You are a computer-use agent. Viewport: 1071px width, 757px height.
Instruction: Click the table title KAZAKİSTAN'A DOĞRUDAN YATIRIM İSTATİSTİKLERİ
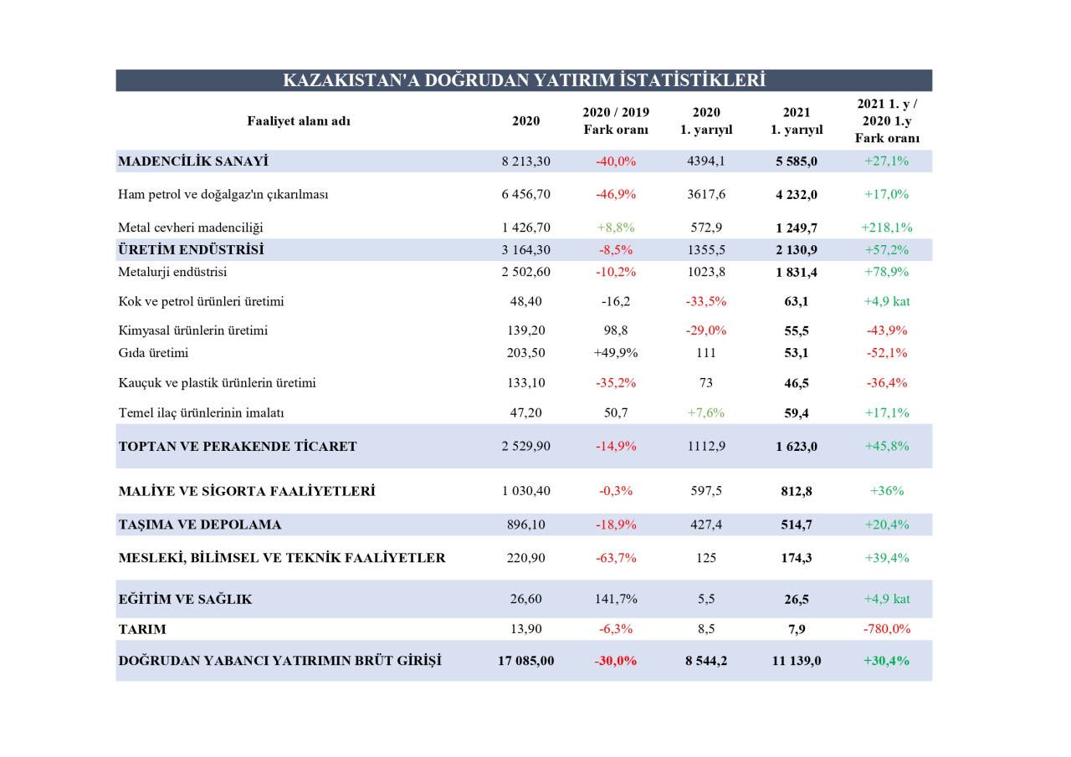click(524, 80)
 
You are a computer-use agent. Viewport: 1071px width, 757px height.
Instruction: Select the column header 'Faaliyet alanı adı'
click(299, 120)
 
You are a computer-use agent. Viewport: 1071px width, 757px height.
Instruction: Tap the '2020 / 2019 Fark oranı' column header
click(616, 120)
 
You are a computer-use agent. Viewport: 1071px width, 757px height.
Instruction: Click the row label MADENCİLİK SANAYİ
click(193, 161)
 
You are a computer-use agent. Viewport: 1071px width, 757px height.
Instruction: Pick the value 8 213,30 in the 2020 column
click(525, 161)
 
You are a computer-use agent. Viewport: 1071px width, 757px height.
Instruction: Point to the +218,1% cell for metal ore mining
click(886, 227)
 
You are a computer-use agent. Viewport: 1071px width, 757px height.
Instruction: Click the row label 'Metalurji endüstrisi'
click(172, 272)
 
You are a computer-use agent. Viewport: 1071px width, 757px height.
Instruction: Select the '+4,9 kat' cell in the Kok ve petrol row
click(887, 301)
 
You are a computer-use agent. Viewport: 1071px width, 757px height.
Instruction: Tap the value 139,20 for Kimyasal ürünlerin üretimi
click(525, 330)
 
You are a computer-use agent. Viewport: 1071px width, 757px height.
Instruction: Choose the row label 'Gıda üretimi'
click(153, 353)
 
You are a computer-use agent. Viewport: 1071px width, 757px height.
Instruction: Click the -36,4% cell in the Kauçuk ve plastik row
click(887, 383)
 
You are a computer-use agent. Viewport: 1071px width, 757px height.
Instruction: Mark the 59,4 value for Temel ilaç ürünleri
click(797, 412)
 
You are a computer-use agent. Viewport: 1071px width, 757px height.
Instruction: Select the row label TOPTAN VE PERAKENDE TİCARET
click(238, 447)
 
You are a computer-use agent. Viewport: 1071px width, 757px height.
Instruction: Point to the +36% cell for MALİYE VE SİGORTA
click(887, 491)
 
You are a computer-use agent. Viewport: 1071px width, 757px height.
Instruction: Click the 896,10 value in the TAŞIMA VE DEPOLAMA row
click(525, 524)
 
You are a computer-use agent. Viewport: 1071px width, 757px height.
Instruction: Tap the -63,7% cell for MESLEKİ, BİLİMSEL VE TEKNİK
click(616, 558)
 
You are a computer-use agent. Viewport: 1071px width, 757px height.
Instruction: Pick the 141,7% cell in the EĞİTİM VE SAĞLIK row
click(616, 599)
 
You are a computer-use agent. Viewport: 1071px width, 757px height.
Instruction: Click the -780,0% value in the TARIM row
click(887, 629)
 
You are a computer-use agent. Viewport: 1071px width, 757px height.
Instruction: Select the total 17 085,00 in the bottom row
click(525, 661)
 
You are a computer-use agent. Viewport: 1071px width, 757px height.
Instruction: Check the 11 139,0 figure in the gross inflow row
click(797, 661)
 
